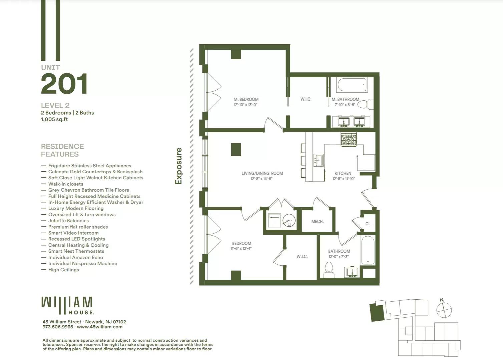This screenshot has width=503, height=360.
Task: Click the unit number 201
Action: point(64,84)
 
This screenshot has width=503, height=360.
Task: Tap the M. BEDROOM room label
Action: point(246,99)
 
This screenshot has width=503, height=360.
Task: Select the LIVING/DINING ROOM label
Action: point(262,173)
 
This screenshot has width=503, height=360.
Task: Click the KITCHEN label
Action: point(343,173)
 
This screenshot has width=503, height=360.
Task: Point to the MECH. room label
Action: point(317,221)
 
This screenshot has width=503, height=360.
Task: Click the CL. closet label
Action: point(368,224)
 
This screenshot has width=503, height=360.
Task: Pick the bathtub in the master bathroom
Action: point(352,85)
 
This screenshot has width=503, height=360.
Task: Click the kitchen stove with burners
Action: point(349,140)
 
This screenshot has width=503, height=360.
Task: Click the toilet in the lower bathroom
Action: point(329,269)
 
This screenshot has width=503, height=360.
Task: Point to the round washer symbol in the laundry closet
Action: point(289,221)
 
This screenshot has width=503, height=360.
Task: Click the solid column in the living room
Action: point(236,149)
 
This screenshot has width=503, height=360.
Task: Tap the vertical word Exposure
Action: point(179,166)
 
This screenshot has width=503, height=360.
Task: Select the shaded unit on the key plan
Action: point(377,313)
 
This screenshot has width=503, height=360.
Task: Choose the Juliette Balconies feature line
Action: point(68,221)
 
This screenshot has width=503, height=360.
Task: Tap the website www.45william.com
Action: point(99,327)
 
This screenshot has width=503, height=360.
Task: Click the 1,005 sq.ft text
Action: point(54,119)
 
